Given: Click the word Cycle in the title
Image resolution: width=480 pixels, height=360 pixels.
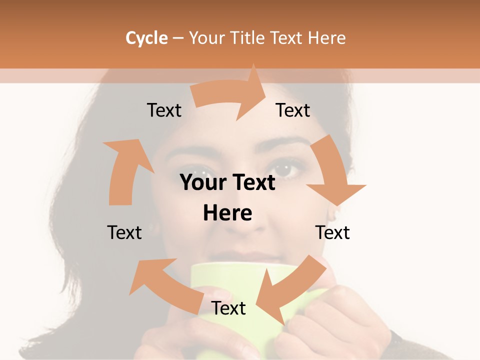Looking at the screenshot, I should point(146,38).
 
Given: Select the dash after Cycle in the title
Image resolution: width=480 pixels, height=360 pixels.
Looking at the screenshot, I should point(178,38).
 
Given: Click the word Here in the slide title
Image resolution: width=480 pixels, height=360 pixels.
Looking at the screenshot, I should point(327,38).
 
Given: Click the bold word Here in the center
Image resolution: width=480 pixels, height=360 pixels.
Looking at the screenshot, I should point(227,213).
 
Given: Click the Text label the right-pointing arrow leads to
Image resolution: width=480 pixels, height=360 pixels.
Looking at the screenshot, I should point(293,110).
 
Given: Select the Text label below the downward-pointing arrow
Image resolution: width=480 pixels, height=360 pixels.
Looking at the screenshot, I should point(332,232).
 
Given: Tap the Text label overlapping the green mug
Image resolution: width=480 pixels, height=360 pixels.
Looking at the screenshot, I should point(228,308).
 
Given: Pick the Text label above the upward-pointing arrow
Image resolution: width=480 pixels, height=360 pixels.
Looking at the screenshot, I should point(164,110).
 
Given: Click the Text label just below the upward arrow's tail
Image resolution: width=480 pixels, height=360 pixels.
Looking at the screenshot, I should point(124,232).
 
